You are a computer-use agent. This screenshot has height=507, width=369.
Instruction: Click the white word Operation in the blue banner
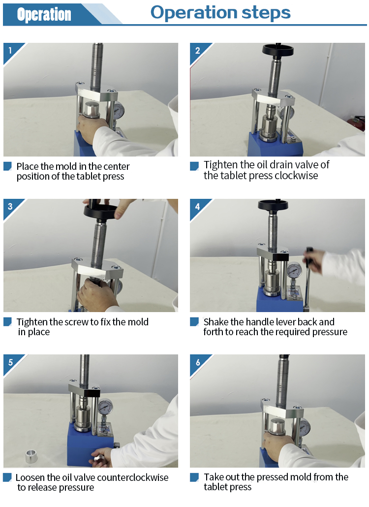point(44,15)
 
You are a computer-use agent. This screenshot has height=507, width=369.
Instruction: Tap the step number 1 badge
point(10,50)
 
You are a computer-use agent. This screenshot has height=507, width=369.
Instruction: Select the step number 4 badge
point(197,207)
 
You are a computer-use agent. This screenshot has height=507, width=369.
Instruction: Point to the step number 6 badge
point(197,362)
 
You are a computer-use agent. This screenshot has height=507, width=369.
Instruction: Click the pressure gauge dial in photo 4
point(294,270)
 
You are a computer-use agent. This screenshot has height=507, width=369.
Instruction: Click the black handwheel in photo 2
point(278,50)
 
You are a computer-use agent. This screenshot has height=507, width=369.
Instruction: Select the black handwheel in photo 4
point(273,205)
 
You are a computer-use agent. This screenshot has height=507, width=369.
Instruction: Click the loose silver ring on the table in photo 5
point(31,456)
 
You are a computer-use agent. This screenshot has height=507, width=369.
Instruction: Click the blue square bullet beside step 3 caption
point(7,322)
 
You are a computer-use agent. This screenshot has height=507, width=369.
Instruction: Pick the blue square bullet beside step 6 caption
point(194,477)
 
